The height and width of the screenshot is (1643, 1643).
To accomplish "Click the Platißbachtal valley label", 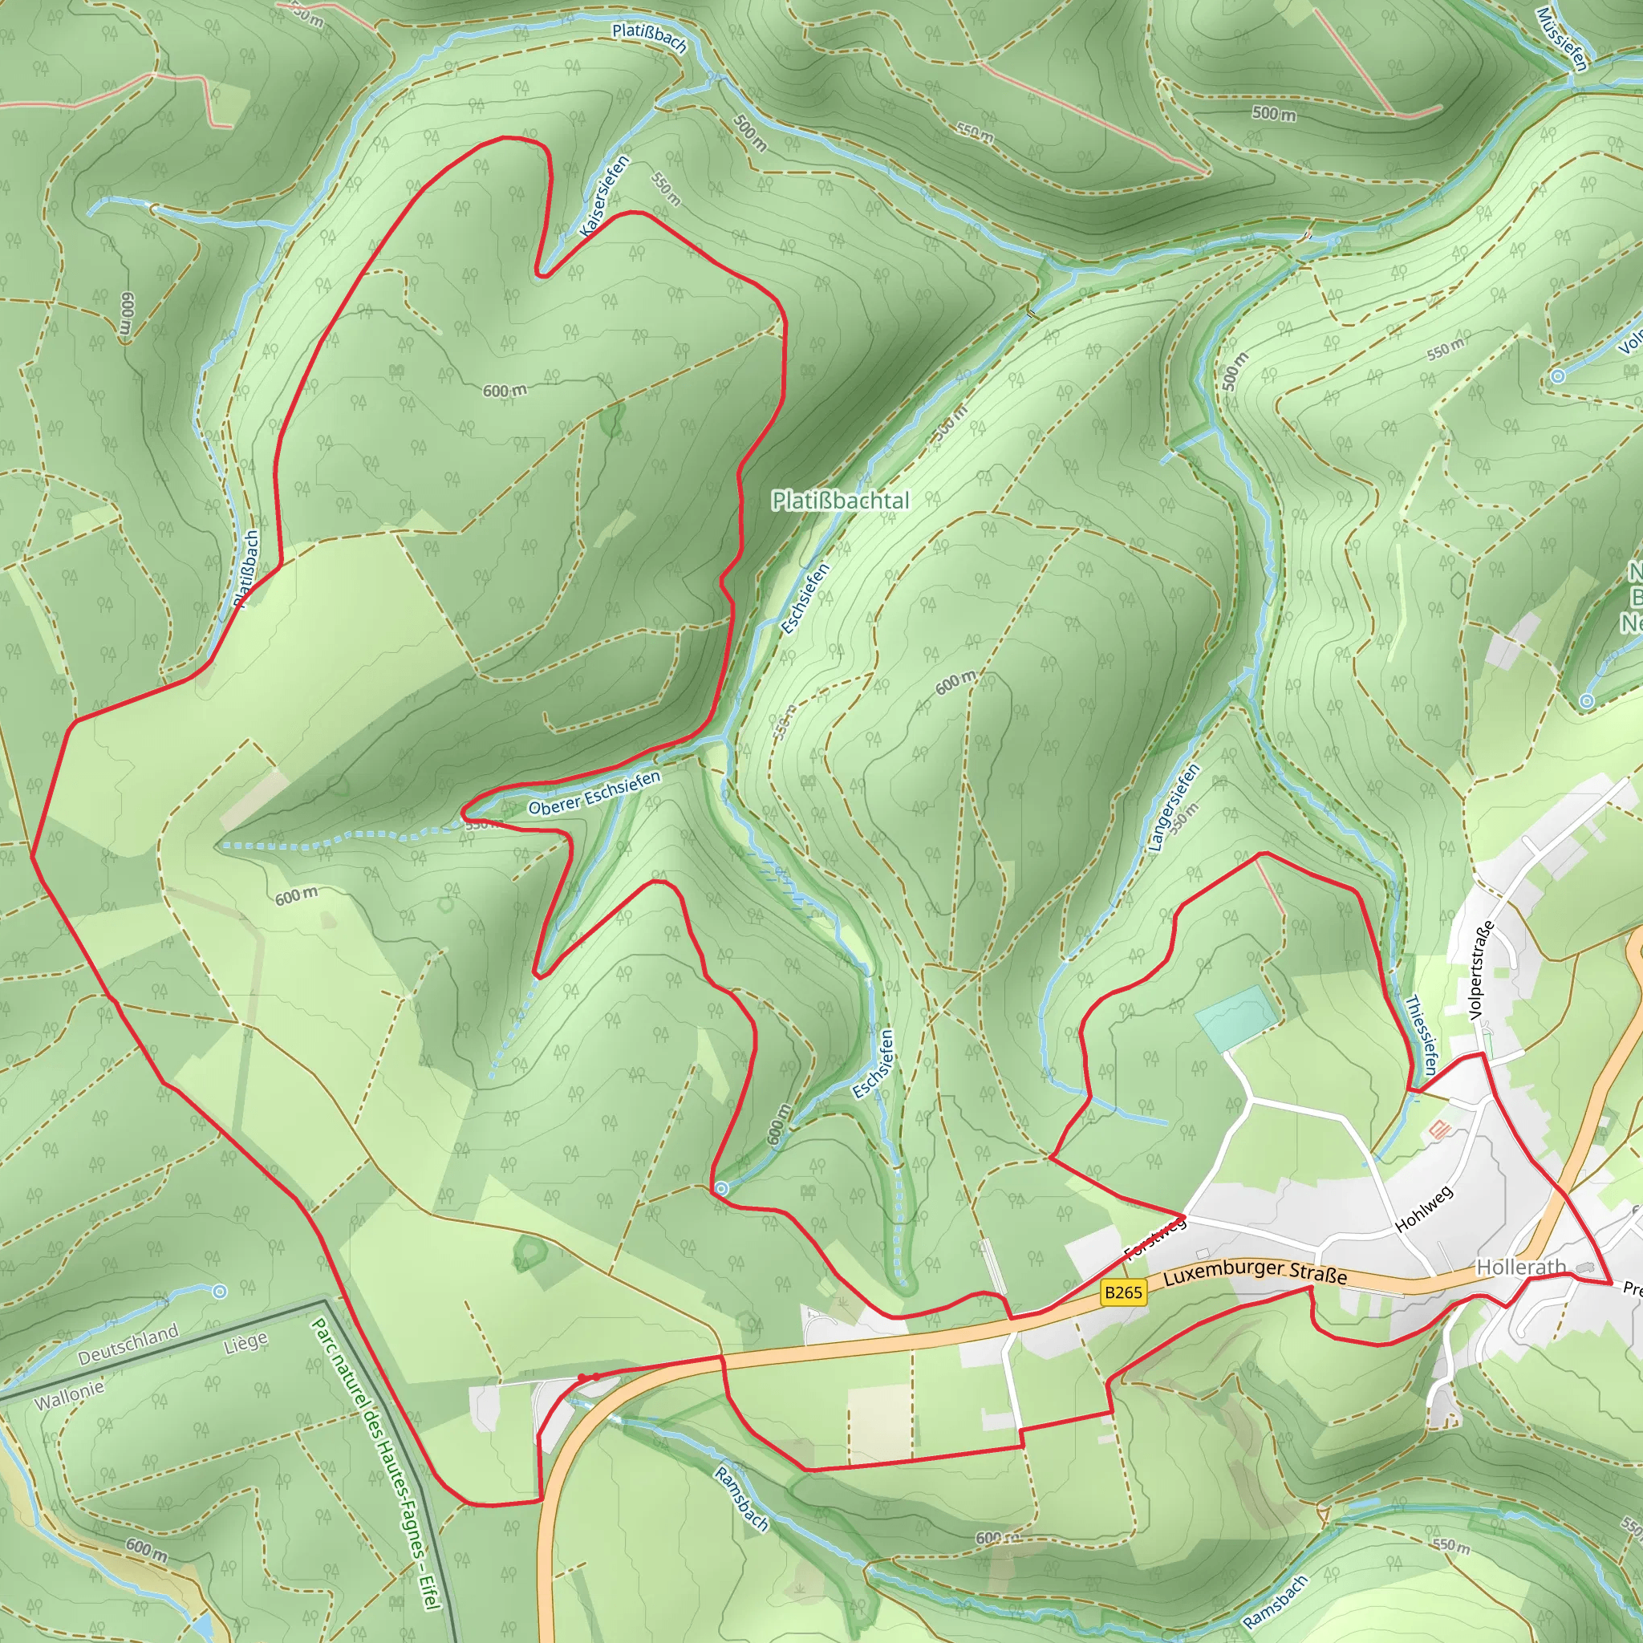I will [840, 500].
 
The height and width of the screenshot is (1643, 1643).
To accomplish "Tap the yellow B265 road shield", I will [1122, 1292].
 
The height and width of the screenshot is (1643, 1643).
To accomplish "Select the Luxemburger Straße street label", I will [1256, 1273].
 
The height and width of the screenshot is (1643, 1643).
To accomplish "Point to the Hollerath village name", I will [1520, 1267].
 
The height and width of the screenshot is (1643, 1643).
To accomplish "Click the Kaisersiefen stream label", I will [605, 197].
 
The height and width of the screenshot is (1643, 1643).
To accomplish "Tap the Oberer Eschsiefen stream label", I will [594, 793].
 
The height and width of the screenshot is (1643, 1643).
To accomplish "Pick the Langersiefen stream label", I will [1174, 807].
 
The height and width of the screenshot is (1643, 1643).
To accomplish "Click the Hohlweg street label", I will [1425, 1208].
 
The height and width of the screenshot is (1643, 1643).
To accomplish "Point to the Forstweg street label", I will [1155, 1238].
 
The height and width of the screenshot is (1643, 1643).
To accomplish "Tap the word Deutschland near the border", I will [128, 1345].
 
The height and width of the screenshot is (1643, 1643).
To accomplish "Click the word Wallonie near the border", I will [69, 1394].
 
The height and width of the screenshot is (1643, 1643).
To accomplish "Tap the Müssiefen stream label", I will [1562, 39].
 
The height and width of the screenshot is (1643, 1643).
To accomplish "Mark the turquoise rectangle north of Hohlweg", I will [1236, 1019].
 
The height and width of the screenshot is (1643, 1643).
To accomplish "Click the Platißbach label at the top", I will [649, 38].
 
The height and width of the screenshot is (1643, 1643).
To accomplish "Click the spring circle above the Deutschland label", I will [219, 1292].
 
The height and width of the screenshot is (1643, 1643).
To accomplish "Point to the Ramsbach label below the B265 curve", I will [741, 1499].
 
